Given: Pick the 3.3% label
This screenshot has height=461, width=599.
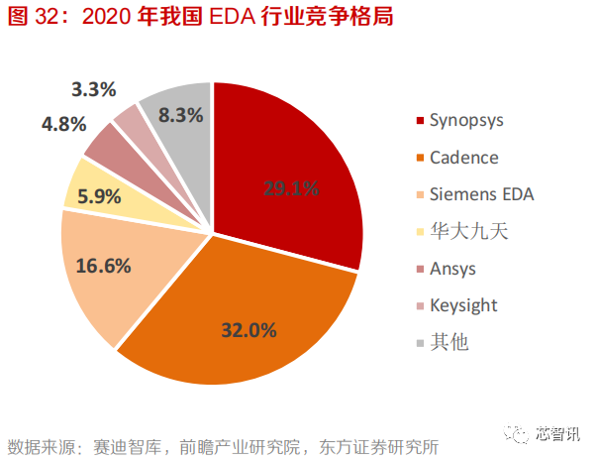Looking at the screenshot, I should pos(95,89).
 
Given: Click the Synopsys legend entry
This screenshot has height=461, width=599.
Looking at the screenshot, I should pos(465,120).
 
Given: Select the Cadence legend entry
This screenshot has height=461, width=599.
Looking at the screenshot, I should pos(462,158).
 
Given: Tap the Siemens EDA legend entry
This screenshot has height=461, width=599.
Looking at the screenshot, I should pos(480,194).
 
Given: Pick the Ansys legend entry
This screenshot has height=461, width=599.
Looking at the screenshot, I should pos(451,269).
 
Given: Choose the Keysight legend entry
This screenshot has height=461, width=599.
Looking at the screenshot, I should pos(462,305).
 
